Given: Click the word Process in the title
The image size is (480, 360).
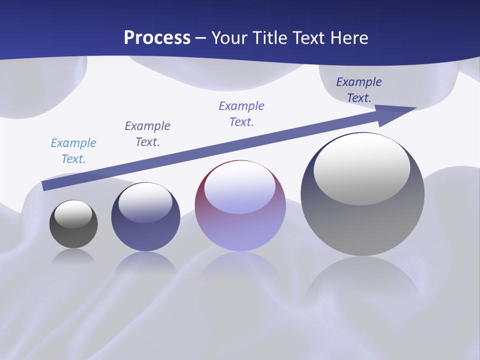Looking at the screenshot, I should tap(157, 38).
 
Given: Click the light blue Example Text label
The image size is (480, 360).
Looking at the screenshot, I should tap(73, 150).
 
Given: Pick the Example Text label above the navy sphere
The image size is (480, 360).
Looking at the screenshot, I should tap(147, 133).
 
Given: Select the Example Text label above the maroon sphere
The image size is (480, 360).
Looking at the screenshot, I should tap(241, 113).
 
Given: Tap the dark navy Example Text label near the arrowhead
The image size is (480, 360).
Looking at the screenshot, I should tap(358, 89).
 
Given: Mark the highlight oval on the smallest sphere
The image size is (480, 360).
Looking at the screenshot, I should tap(73, 214).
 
